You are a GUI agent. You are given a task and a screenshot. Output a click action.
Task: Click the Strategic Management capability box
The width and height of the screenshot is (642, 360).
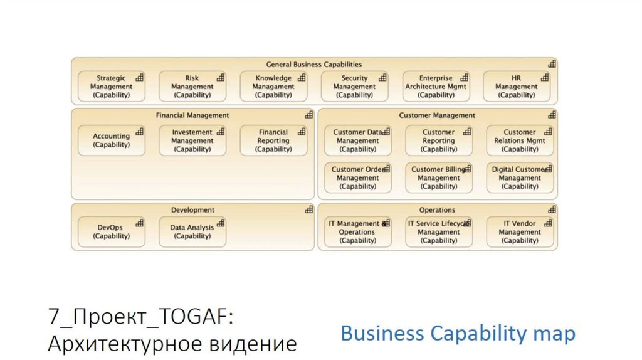pos(111,87)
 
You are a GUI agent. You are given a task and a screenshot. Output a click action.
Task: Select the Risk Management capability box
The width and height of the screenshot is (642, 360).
pos(192,87)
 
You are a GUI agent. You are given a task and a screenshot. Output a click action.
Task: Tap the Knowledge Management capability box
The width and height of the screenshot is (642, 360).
pos(273,87)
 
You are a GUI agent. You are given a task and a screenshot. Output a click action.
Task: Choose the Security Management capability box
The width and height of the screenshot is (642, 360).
pos(354,87)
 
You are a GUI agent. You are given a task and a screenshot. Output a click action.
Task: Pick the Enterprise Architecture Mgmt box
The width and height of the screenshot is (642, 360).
pos(436,87)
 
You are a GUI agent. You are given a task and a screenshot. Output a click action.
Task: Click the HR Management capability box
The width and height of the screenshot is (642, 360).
pos(517,87)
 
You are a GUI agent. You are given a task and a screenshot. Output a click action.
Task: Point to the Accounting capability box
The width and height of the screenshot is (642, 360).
pos(111,140)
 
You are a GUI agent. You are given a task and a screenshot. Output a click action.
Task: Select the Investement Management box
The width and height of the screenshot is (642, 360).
pos(192,140)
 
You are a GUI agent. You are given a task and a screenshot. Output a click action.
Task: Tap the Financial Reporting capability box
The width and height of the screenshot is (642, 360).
pos(273,140)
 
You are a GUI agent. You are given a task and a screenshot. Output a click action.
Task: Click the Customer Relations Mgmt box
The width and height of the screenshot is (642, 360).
pos(520,140)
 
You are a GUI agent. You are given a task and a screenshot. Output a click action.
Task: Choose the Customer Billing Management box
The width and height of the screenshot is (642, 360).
pos(438,177)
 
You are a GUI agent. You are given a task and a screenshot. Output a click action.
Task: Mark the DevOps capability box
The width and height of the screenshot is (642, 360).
pos(111,231)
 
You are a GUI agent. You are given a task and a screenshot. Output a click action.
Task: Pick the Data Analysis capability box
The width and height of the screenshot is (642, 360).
pos(192,231)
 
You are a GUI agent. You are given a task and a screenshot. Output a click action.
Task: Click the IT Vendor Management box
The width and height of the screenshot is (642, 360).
pos(520,231)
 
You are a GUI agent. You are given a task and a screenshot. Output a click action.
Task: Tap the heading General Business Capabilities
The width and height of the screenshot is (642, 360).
pos(313,65)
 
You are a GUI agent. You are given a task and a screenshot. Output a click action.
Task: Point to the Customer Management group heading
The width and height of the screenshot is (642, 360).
pos(437,115)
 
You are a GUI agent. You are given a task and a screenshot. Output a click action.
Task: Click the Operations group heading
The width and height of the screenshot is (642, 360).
pos(437,210)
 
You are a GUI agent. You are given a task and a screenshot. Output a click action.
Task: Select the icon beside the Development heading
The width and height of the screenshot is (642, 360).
pos(309,209)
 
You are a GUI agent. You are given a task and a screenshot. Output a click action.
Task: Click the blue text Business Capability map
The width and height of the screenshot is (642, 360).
pos(458,334)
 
